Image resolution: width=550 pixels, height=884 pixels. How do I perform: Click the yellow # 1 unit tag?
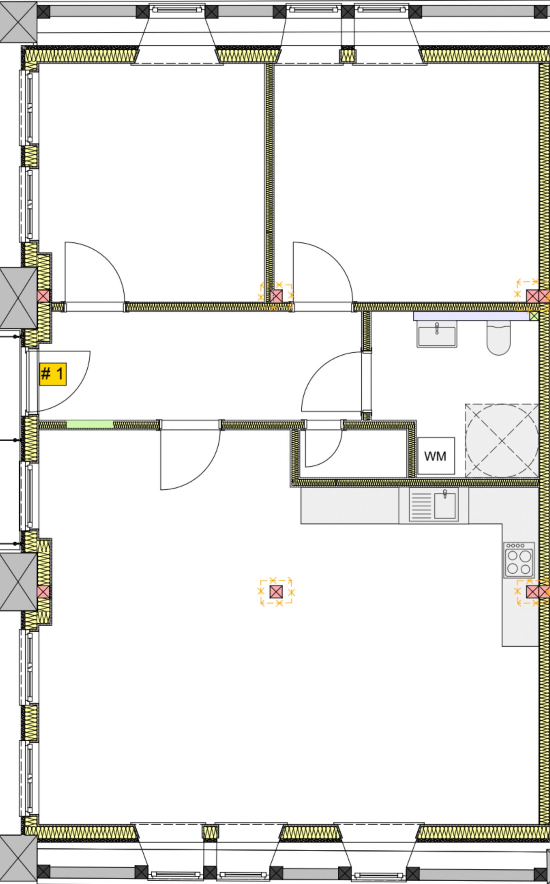53,374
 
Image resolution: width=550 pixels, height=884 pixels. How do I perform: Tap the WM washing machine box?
436,456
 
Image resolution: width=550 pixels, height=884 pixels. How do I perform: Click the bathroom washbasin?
436,334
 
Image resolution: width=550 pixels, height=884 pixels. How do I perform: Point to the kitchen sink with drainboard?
434,505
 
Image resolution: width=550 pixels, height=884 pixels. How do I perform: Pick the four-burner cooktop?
519,560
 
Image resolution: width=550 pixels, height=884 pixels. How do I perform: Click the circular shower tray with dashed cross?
502,441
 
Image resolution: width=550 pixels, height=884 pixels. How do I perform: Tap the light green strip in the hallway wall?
89,424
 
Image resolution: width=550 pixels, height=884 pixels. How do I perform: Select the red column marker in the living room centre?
276,592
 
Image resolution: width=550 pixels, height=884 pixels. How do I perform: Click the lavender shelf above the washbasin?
471,316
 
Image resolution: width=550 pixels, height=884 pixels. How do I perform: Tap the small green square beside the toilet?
534,316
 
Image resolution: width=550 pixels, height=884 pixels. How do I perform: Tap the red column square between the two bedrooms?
276,296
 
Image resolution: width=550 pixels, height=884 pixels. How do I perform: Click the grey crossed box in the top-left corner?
18,22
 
